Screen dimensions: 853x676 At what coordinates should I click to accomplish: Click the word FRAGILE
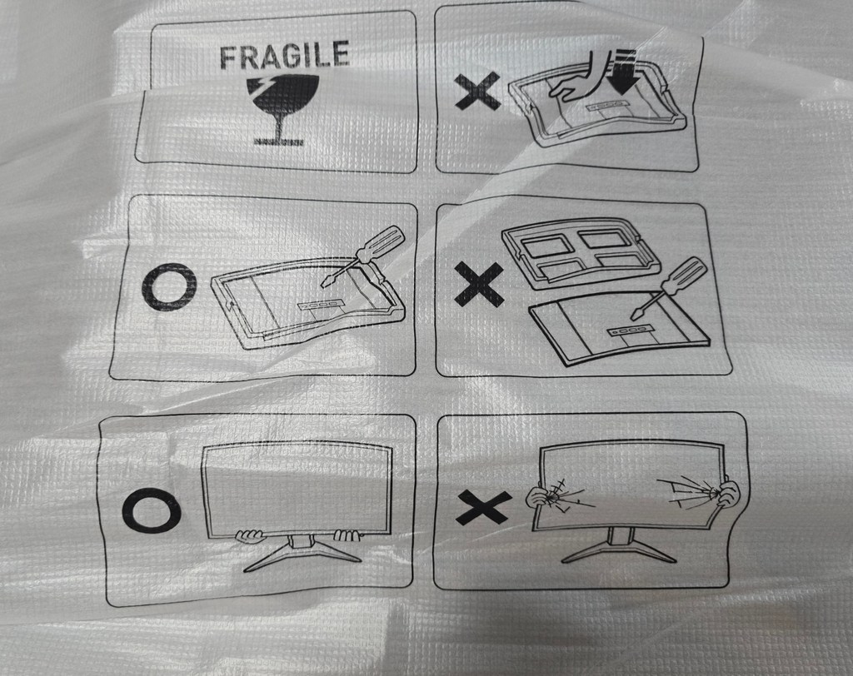[x=283, y=54]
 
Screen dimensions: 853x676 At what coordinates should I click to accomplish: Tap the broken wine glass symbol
[x=278, y=109]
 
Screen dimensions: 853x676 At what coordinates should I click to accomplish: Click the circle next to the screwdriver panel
[x=169, y=286]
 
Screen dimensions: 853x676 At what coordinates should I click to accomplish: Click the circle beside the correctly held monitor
[x=151, y=510]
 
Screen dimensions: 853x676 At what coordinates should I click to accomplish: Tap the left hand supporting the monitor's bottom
[x=249, y=536]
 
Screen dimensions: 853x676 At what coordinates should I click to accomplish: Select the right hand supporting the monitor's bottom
[x=347, y=536]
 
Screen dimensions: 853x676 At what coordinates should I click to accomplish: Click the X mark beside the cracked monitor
[x=483, y=507]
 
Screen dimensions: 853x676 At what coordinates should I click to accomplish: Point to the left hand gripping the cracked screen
[x=539, y=496]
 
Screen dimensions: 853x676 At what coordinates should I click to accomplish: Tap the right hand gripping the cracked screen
[x=727, y=493]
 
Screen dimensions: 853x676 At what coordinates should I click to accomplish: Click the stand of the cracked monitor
[x=619, y=545]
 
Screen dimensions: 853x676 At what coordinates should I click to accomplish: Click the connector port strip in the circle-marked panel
[x=321, y=305]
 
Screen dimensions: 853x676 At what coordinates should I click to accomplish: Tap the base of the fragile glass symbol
[x=278, y=142]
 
